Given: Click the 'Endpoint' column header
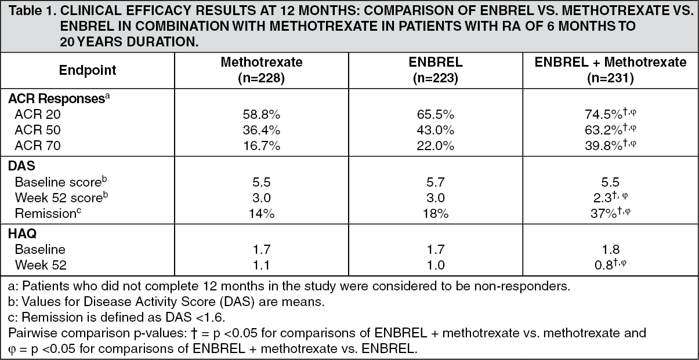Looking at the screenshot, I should point(88,71).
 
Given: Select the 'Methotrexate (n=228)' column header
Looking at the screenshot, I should point(262,71).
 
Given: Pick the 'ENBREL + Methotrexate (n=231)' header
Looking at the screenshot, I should point(610,71).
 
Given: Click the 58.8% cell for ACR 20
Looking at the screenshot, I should point(262,115).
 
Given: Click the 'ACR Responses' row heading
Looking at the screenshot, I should point(56,99).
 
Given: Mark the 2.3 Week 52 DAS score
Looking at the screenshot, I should point(602,198).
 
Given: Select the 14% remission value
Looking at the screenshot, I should point(262,214).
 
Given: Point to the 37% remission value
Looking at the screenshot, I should point(603,214).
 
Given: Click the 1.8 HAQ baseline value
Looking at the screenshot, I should point(610,249).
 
